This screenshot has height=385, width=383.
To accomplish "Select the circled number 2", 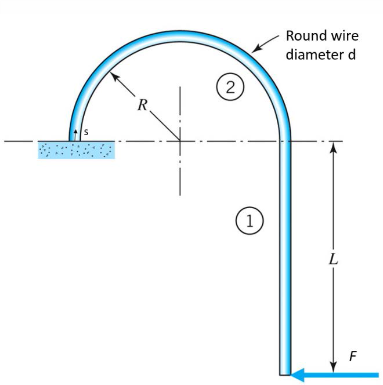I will [x=230, y=88].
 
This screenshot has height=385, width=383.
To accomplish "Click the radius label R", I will [x=142, y=106].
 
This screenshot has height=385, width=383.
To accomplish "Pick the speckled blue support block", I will [x=76, y=150].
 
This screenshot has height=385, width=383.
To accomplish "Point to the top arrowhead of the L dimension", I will [x=333, y=147].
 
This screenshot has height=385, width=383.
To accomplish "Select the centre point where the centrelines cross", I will [x=180, y=140].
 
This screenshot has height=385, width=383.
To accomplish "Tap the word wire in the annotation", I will [x=344, y=37].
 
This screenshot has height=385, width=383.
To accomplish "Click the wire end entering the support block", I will [x=73, y=139].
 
